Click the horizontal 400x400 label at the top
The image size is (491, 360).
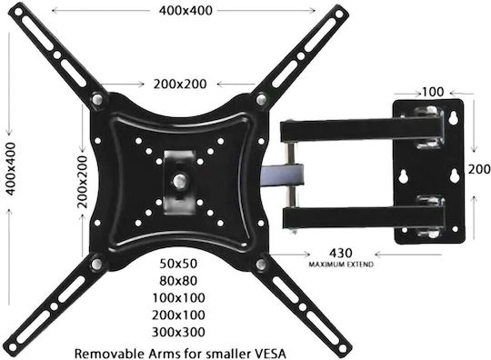pos(185,11)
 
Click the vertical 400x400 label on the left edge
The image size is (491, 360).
pos(11,169)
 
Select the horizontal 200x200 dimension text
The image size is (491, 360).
pos(180,84)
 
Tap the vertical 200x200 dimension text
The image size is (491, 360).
pos(83,182)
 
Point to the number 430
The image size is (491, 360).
pos(341,253)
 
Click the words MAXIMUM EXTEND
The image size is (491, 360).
pos(341,265)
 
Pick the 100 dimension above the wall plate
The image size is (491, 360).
pos(433,92)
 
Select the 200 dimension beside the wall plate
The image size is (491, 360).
pos(479,169)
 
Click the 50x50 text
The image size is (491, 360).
pos(178,264)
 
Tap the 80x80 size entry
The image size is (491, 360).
pos(178,281)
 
